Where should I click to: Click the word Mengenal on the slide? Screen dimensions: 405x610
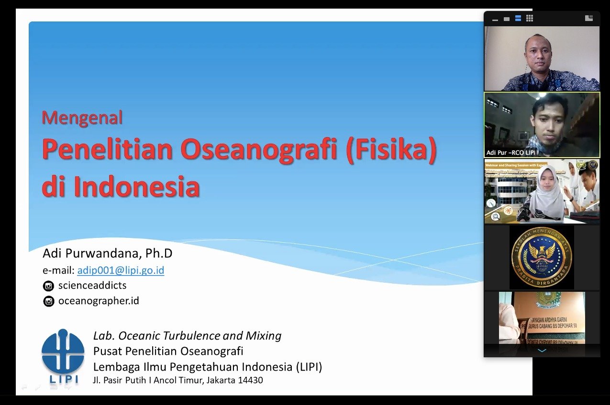point(82,117)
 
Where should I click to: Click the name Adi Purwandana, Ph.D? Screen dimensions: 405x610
point(107,253)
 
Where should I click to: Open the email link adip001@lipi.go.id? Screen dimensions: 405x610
point(121,270)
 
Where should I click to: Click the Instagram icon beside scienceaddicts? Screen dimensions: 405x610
point(48,286)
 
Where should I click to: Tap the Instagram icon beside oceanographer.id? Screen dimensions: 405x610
point(48,301)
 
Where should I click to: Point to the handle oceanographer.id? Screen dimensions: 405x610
point(99,301)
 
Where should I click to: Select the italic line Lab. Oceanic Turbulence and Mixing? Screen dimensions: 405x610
point(187,335)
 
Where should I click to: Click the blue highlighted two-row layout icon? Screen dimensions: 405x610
point(518,18)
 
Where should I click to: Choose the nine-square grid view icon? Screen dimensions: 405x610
point(530,18)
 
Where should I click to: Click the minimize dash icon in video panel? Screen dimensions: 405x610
point(495,20)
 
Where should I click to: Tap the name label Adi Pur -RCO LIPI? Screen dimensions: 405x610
point(510,152)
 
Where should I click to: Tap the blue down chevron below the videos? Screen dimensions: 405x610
point(542,351)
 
